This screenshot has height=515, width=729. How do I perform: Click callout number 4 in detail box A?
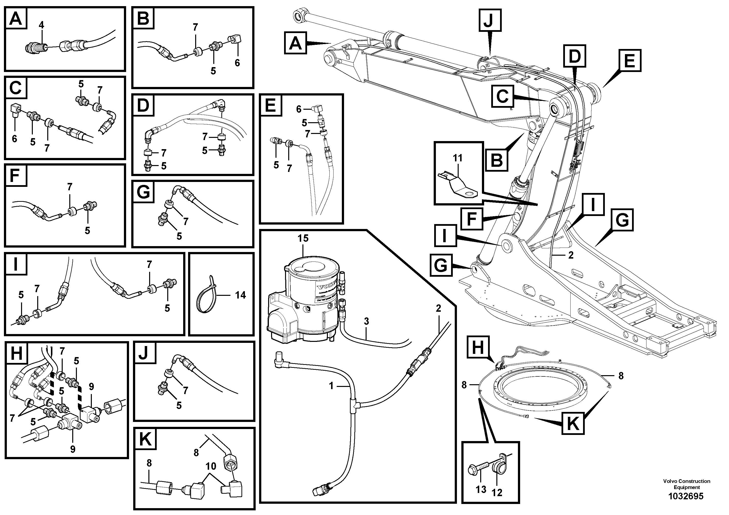click(x=41, y=25)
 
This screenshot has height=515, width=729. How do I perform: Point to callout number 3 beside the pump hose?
click(x=366, y=321)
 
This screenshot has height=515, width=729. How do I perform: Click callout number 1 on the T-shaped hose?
click(x=331, y=386)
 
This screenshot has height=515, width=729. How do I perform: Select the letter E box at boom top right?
click(x=630, y=60)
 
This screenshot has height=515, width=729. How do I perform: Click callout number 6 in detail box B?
click(x=237, y=63)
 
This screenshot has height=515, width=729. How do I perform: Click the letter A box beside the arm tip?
click(x=295, y=43)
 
